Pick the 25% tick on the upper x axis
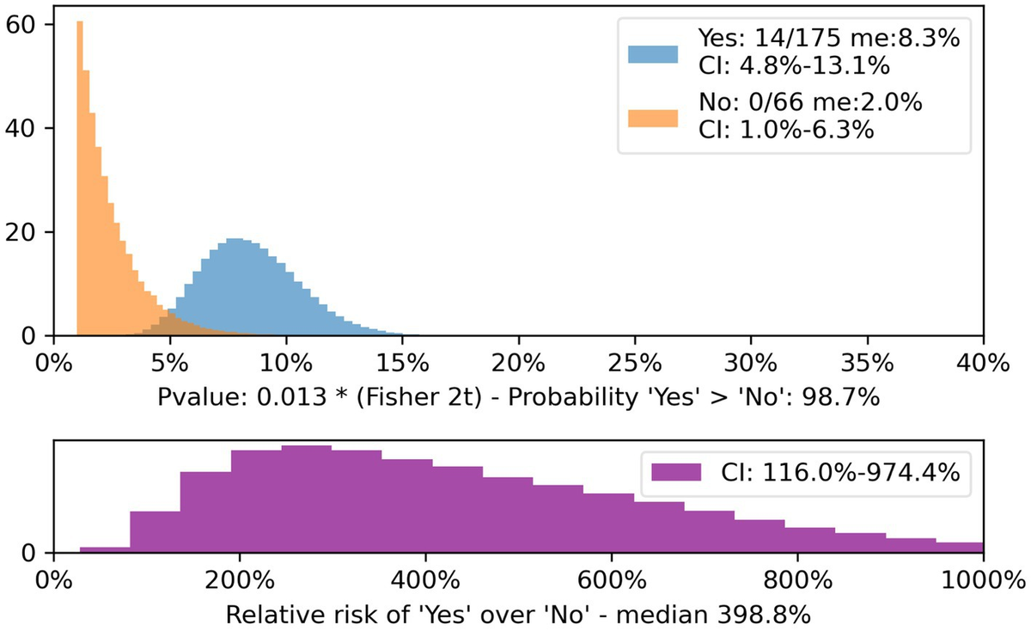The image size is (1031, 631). [634, 360]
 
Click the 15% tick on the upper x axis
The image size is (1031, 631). [402, 360]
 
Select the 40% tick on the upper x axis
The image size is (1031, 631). [982, 360]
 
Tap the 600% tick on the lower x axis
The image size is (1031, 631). [611, 578]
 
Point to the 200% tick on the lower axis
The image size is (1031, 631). [240, 578]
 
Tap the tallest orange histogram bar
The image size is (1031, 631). [79, 172]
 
